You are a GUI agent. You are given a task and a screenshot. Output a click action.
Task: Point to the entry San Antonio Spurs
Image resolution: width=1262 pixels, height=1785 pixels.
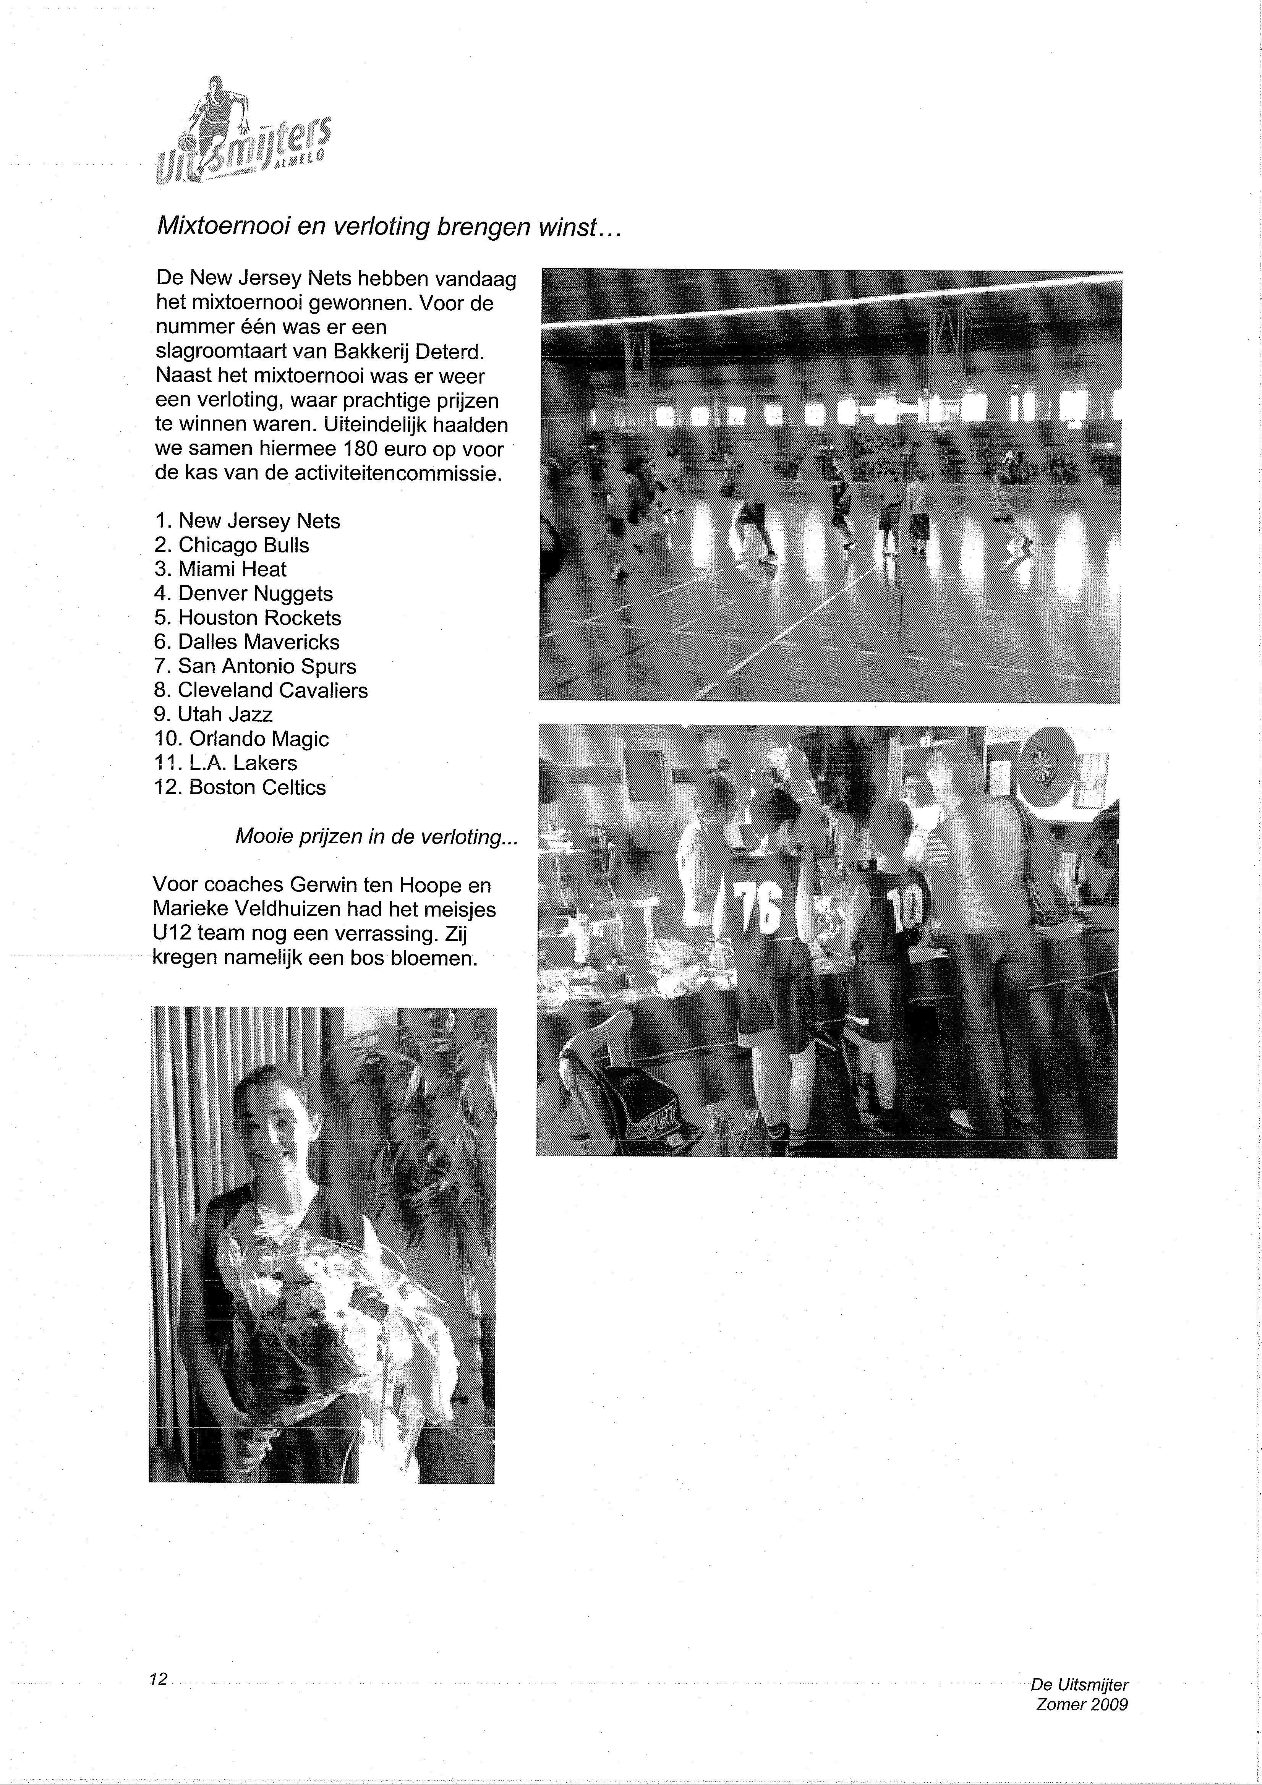(x=267, y=666)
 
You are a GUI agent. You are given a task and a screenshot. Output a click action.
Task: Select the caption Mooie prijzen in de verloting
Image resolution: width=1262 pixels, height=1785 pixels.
(x=376, y=837)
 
